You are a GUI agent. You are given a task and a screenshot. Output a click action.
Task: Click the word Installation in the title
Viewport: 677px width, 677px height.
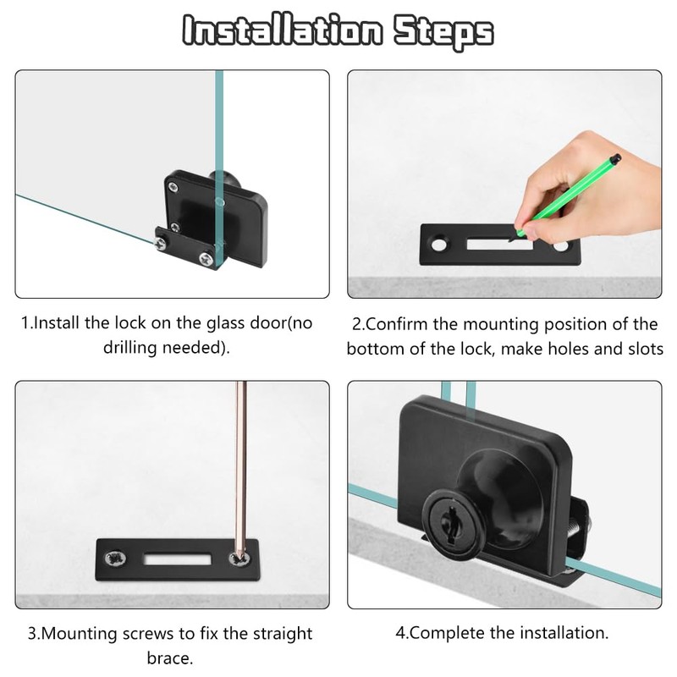pos(283,30)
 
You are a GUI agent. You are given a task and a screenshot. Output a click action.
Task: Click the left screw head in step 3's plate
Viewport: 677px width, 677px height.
pos(116,559)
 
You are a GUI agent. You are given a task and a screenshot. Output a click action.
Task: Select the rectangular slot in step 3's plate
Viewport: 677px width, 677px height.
pos(178,559)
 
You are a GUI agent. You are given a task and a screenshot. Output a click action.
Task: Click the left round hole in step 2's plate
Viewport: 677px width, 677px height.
pos(439,245)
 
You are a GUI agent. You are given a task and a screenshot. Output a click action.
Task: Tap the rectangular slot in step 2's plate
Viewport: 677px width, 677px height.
pos(499,245)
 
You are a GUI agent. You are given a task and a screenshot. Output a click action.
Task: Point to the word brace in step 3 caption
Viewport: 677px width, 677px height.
pos(169,658)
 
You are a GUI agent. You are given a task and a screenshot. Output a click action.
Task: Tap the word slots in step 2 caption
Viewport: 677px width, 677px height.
pos(646,349)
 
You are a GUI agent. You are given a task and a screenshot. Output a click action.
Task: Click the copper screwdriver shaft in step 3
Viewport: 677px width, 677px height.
pos(241,466)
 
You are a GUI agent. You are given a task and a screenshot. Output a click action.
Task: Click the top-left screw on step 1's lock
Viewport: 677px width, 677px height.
pos(173,187)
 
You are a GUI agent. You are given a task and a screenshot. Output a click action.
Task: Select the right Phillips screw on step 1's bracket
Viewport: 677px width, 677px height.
pos(206,259)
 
